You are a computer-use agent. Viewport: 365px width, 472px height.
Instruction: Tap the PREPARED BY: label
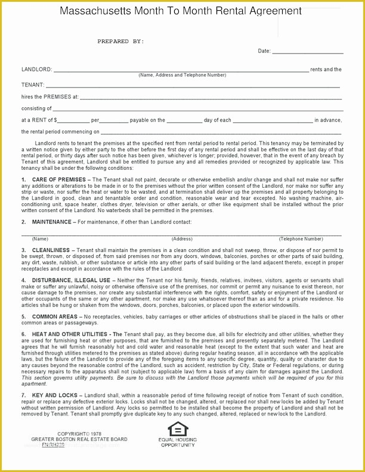(120, 41)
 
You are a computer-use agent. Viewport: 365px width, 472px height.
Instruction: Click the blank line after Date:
(308, 51)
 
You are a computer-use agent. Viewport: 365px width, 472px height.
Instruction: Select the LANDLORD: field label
(36, 70)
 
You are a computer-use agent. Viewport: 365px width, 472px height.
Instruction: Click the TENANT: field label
(33, 85)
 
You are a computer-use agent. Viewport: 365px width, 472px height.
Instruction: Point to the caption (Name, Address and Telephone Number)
(182, 75)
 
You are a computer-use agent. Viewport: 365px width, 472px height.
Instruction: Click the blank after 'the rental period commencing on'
(221, 132)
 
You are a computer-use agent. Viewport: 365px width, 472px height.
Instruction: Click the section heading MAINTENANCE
(52, 222)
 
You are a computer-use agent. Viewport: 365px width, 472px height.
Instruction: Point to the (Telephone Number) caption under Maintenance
(301, 239)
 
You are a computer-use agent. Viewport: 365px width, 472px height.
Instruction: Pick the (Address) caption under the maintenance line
(182, 239)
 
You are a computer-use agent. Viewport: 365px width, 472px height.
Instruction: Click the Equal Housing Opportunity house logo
(177, 429)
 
